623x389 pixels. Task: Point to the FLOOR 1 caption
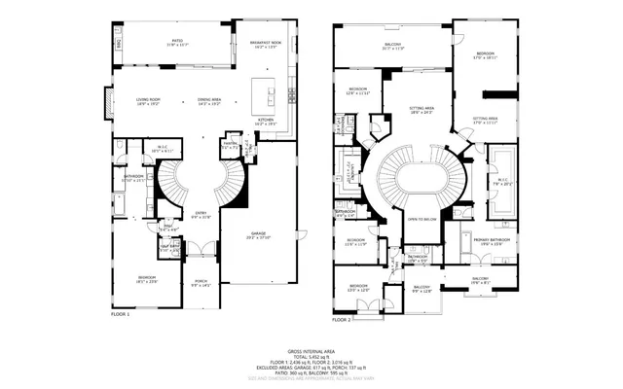[x=121, y=314]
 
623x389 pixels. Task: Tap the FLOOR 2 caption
[x=342, y=319]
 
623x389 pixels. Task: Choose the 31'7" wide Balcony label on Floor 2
[x=392, y=46]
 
